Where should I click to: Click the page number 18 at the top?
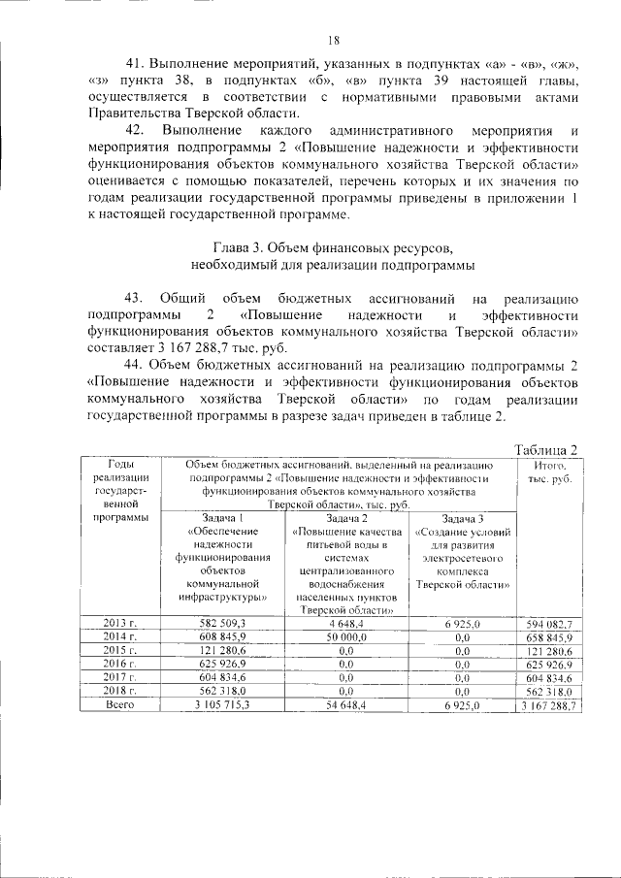pyautogui.click(x=333, y=40)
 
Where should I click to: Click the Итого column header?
pyautogui.click(x=549, y=465)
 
